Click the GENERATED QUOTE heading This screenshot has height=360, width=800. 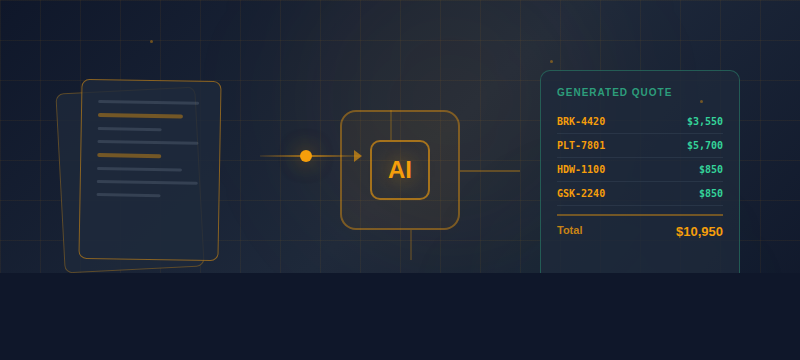coord(614,92)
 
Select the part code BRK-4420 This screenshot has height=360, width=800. coord(581,122)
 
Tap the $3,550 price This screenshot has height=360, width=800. coord(704,122)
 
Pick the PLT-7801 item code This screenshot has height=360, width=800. coord(581,146)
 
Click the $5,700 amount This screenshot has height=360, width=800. coord(704,146)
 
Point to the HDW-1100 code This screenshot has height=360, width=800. coord(581,170)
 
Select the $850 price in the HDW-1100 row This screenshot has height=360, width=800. coord(710,170)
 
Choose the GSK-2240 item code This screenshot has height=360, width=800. coord(581,194)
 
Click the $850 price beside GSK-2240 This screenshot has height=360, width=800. coord(710,194)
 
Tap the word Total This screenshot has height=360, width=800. coord(569,230)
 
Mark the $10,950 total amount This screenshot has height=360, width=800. coord(699,232)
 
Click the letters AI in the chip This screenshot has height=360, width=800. coord(400,170)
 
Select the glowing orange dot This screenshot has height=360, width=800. coord(306,156)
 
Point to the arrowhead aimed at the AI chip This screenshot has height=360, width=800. coord(357,156)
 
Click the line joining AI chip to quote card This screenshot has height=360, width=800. coord(490,171)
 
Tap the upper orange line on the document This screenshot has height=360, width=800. coord(140,116)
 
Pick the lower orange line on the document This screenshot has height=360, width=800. coord(129,156)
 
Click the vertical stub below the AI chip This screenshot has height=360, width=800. coord(411,244)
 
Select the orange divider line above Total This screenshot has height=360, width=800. coord(640,215)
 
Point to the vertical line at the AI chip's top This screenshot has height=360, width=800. coord(391,125)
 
